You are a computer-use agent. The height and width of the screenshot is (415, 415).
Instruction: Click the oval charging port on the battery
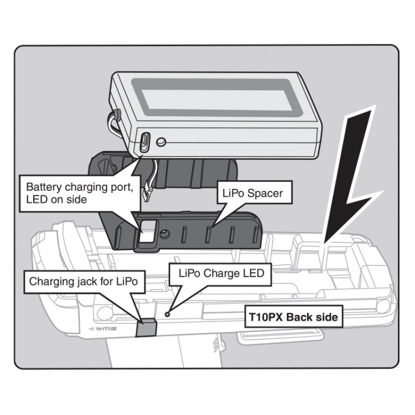click(x=144, y=142)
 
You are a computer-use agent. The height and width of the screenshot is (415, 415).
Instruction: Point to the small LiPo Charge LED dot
click(x=167, y=313)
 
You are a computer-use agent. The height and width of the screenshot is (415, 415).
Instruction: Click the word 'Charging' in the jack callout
click(x=51, y=283)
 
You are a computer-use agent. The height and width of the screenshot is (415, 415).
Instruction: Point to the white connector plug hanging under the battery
click(x=147, y=193)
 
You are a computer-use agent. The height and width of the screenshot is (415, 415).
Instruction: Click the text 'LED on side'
click(x=56, y=200)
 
